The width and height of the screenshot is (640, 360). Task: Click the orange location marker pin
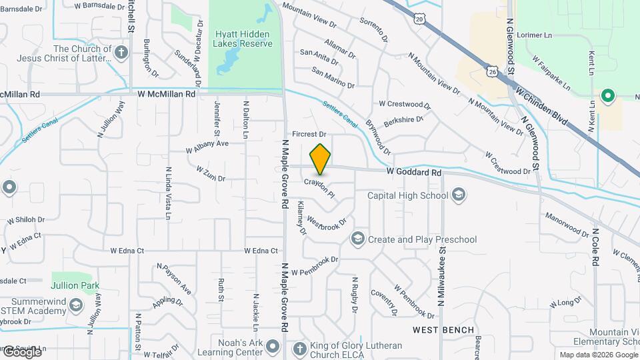321,159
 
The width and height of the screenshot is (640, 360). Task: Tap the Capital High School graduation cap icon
458,195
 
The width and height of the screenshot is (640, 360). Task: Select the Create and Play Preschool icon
358,239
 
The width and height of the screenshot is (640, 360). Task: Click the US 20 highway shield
419,19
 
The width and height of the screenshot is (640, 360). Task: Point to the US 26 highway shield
492,71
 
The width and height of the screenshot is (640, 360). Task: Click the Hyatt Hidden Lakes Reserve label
243,39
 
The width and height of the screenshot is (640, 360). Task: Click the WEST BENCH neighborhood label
443,330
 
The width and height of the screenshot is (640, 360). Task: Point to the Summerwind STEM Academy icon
76,306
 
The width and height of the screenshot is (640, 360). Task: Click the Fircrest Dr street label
308,134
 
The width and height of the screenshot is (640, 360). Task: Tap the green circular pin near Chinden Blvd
607,96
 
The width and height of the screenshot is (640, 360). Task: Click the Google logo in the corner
21,351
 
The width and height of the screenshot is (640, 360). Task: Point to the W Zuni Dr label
211,174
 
